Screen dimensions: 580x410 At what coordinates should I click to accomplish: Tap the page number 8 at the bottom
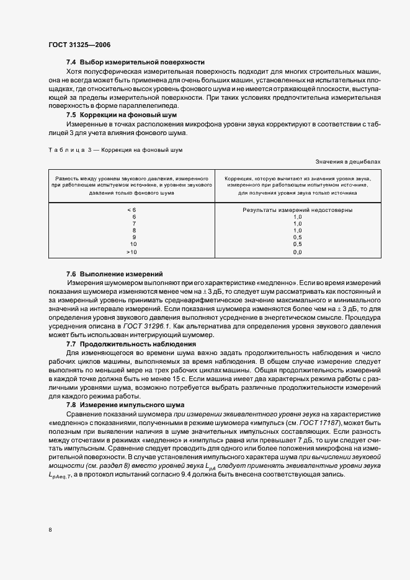click(50, 530)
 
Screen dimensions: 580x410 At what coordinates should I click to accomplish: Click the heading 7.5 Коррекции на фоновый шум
click(122, 115)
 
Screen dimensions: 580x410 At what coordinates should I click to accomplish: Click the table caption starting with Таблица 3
click(115, 150)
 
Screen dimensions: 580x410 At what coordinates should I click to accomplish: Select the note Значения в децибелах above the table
click(349, 161)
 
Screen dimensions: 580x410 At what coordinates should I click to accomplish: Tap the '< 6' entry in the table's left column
click(131, 210)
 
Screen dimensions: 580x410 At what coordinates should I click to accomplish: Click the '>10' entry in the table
click(131, 252)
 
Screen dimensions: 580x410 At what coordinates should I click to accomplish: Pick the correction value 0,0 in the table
click(297, 252)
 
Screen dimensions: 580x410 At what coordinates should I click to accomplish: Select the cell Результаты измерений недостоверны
click(297, 210)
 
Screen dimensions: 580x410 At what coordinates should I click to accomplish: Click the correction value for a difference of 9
click(297, 237)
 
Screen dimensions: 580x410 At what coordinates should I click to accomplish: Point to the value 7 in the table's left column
click(133, 224)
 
